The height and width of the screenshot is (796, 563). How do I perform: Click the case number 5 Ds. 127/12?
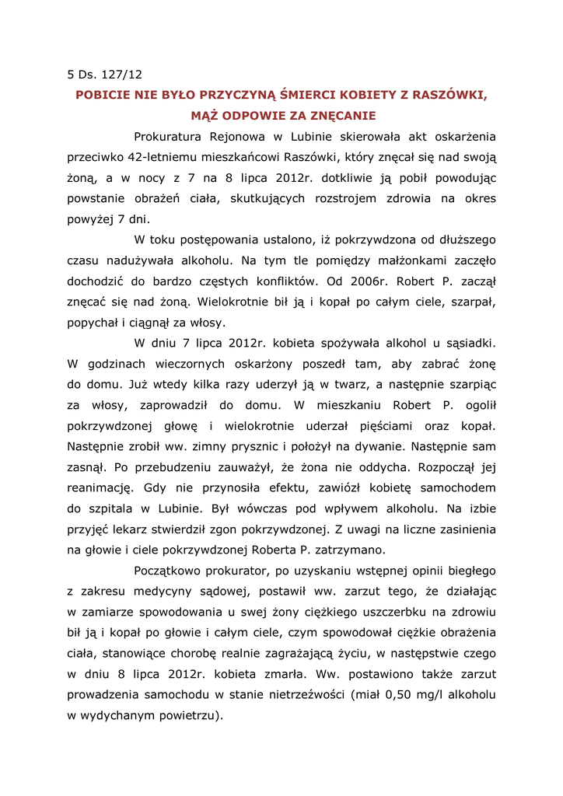(x=104, y=75)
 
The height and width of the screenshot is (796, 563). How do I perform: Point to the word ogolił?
(x=480, y=404)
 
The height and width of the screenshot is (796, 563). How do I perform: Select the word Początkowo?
(x=173, y=571)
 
